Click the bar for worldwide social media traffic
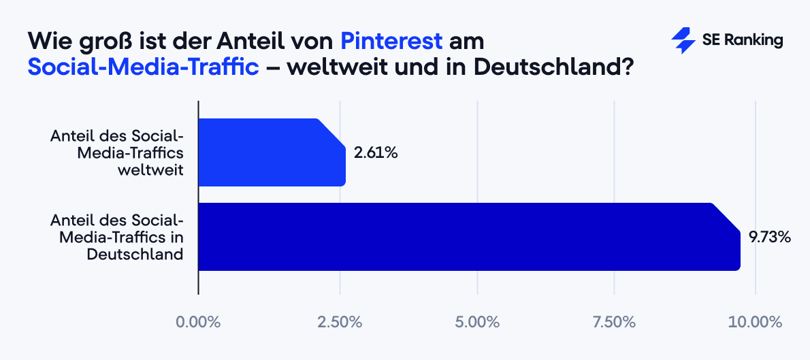(271, 152)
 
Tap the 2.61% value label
(375, 152)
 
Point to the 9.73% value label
(769, 237)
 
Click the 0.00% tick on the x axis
(198, 321)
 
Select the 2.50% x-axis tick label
(339, 321)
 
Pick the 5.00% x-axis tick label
(478, 321)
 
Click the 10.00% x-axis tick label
(755, 321)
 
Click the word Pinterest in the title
(391, 41)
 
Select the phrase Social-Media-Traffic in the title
(144, 68)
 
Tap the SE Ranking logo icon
(682, 41)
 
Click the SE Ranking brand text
(742, 41)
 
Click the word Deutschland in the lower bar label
(135, 254)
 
